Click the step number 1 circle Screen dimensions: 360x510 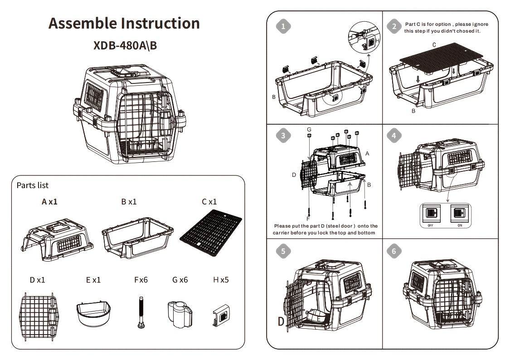coord(283,26)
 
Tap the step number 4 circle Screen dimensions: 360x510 coord(394,135)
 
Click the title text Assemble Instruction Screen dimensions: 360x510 coord(124,23)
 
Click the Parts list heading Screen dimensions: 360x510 coord(32,185)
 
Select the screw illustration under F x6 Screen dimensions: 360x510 coord(141,312)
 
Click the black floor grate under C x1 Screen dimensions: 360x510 coord(210,234)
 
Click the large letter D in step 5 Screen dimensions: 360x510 coord(282,322)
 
